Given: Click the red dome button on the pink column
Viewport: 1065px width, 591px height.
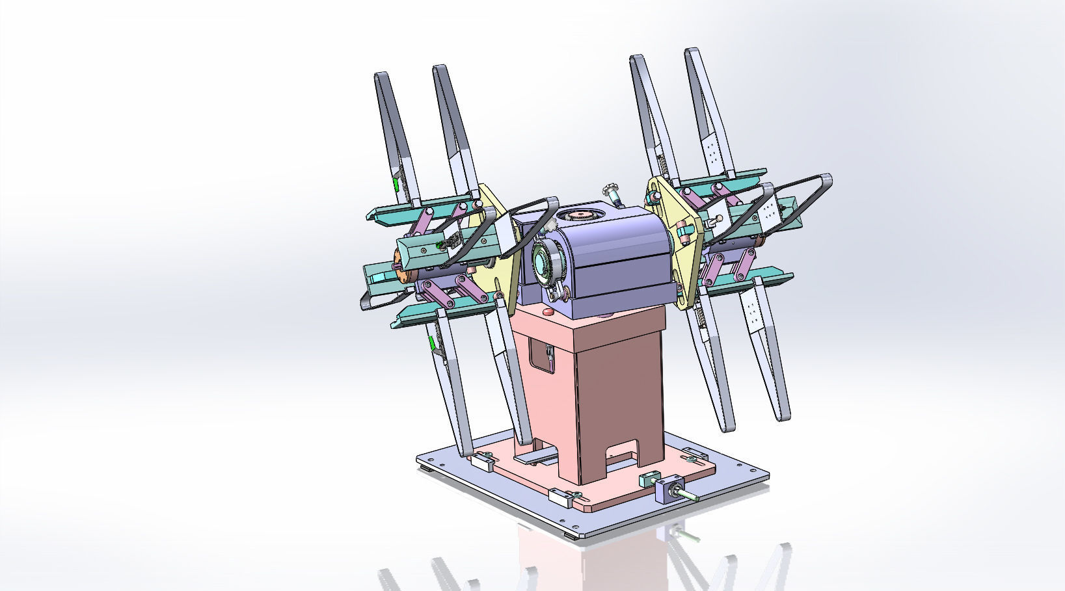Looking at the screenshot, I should point(548,313).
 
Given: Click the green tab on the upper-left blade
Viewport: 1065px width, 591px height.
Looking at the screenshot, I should point(396,185).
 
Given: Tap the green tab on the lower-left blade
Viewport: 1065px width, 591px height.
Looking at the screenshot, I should point(430,345).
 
